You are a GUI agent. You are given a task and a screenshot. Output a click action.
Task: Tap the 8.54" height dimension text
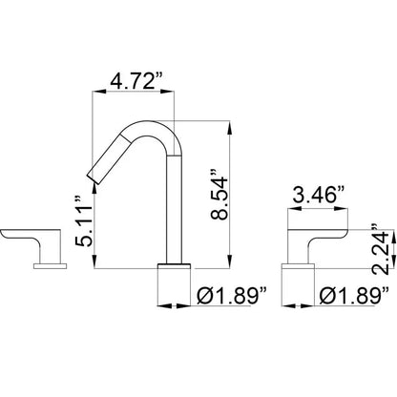pos(219,195)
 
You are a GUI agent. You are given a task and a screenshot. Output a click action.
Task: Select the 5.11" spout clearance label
pos(84,221)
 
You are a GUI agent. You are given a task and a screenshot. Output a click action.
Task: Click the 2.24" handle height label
pos(381,250)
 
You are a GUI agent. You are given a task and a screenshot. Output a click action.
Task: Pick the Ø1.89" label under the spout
pos(232,296)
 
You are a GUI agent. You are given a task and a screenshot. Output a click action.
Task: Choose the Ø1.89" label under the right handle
pos(354,296)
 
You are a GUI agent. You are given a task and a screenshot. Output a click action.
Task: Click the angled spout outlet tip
pos(93,178)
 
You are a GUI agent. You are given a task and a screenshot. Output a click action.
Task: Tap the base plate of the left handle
pos(51,266)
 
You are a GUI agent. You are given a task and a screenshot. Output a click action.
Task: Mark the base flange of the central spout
pos(174,266)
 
